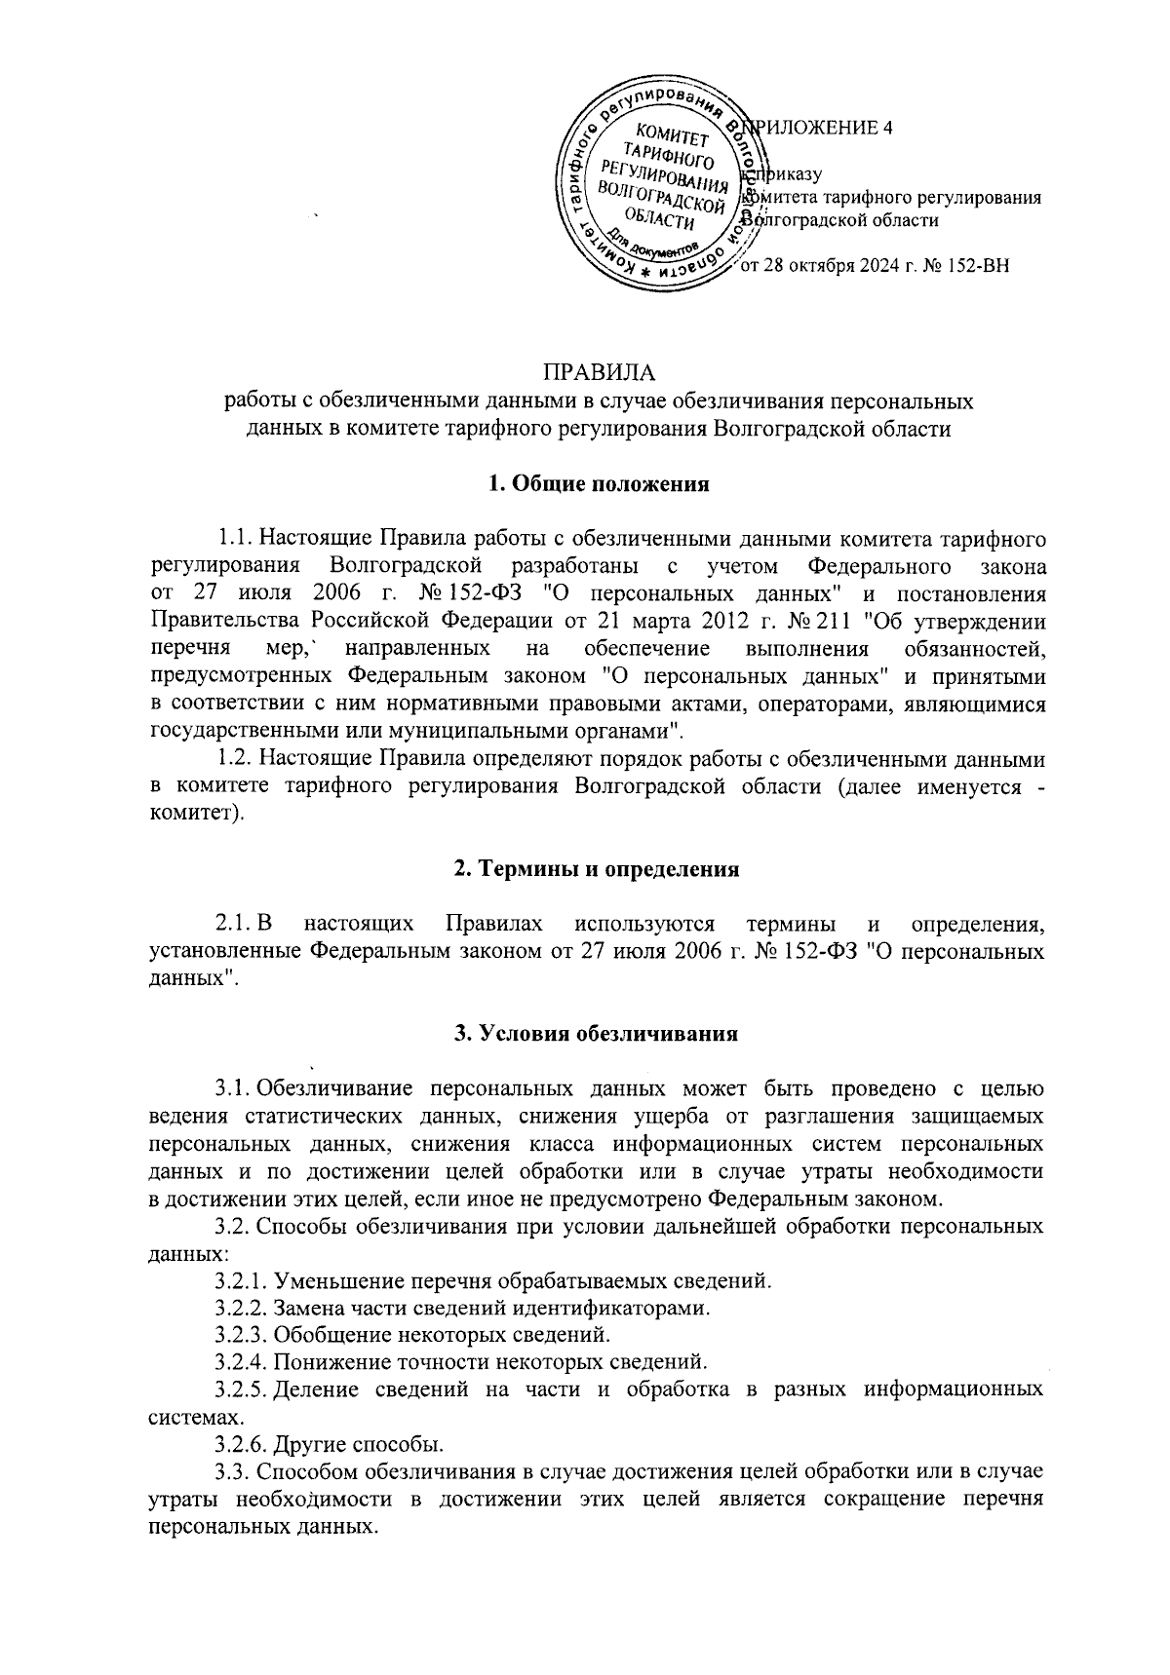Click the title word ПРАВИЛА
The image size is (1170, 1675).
pyautogui.click(x=599, y=372)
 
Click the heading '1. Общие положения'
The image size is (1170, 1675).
pyautogui.click(x=598, y=484)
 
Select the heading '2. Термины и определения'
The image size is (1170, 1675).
pyautogui.click(x=598, y=869)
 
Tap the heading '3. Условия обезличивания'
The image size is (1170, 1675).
pyautogui.click(x=597, y=1035)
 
